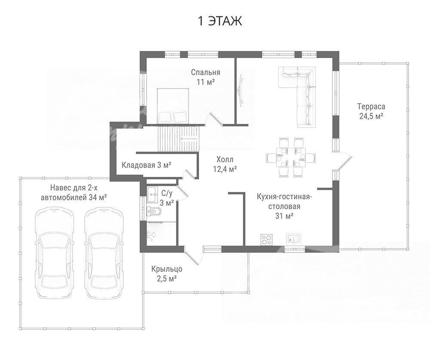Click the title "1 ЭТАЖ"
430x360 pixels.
[220, 21]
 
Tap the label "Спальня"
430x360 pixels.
[206, 72]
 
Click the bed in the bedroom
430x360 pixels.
[173, 106]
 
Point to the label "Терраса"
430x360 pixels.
[371, 107]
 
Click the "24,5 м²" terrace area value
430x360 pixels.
[371, 116]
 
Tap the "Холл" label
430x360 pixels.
[225, 160]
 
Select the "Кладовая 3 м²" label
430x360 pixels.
[147, 165]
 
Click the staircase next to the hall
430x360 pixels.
[179, 138]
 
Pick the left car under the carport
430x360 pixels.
[54, 253]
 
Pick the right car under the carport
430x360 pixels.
[104, 253]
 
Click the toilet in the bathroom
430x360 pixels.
[154, 211]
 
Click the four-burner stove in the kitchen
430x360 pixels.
[266, 239]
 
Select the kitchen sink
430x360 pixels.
[294, 239]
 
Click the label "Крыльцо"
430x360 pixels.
[167, 269]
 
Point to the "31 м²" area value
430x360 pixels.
[284, 216]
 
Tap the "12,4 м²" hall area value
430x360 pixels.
[225, 169]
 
